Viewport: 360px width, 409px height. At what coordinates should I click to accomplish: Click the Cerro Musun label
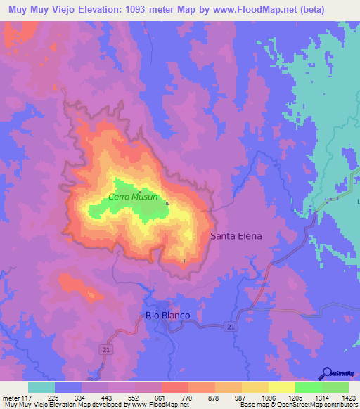click(132, 197)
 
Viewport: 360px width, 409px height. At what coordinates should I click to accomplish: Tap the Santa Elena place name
click(236, 236)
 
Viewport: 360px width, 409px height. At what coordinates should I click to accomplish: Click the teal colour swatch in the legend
click(41, 387)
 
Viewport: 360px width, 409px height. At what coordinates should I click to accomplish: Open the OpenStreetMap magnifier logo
click(328, 372)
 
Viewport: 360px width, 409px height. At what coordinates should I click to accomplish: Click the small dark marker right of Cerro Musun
click(167, 204)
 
